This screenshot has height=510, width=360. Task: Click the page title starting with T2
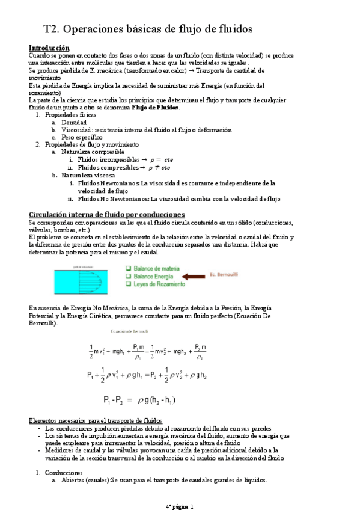click(148, 28)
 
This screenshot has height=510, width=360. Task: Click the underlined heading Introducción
click(49, 48)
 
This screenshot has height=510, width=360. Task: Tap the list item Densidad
click(75, 122)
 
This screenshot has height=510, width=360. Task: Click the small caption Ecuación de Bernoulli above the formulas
click(130, 331)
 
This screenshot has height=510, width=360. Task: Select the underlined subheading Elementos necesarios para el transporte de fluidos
click(95, 420)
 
